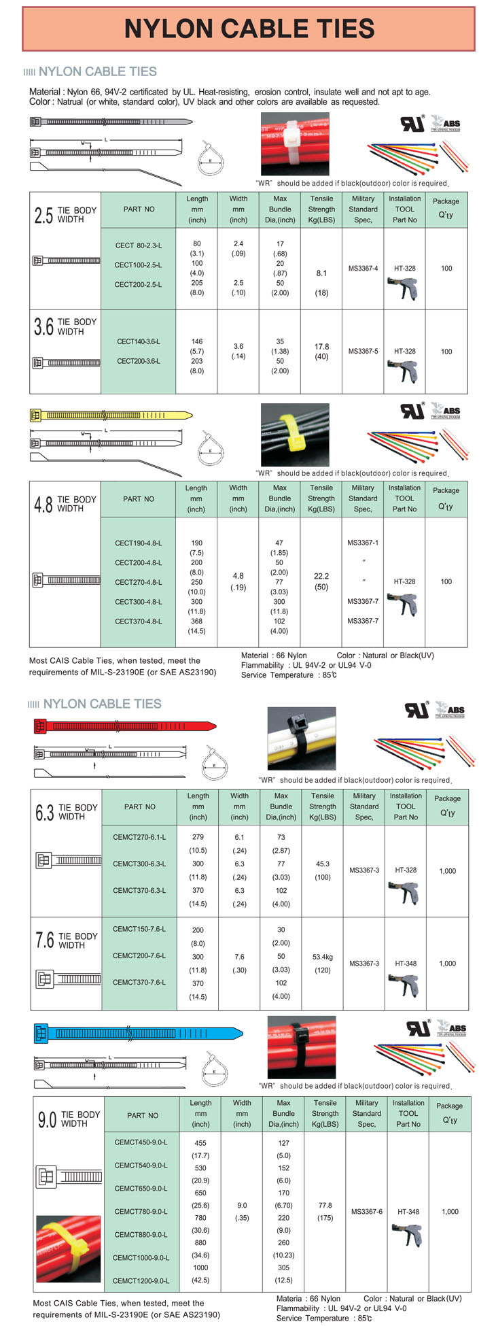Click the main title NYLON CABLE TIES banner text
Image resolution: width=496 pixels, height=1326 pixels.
249,29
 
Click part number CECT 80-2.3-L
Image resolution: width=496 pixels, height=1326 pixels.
138,245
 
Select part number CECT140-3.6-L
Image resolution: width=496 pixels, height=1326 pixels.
138,341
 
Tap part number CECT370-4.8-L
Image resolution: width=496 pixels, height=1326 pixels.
138,621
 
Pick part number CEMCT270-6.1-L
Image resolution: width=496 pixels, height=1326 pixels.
139,837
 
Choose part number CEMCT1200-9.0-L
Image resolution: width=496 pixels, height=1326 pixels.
141,1280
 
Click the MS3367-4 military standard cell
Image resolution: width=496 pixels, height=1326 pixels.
363,269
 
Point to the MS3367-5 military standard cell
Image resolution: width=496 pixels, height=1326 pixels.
363,352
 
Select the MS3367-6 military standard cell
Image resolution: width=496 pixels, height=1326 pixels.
367,1211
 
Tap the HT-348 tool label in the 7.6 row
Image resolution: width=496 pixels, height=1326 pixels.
406,964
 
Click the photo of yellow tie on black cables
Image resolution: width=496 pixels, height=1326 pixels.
295,435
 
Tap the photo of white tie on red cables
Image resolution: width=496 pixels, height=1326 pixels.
295,143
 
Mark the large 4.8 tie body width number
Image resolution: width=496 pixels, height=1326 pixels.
43,505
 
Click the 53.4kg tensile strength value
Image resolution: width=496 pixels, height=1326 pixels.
323,957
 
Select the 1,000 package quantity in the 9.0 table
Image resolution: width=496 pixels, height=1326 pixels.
450,1211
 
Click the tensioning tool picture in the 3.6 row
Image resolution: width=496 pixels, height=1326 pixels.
406,371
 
